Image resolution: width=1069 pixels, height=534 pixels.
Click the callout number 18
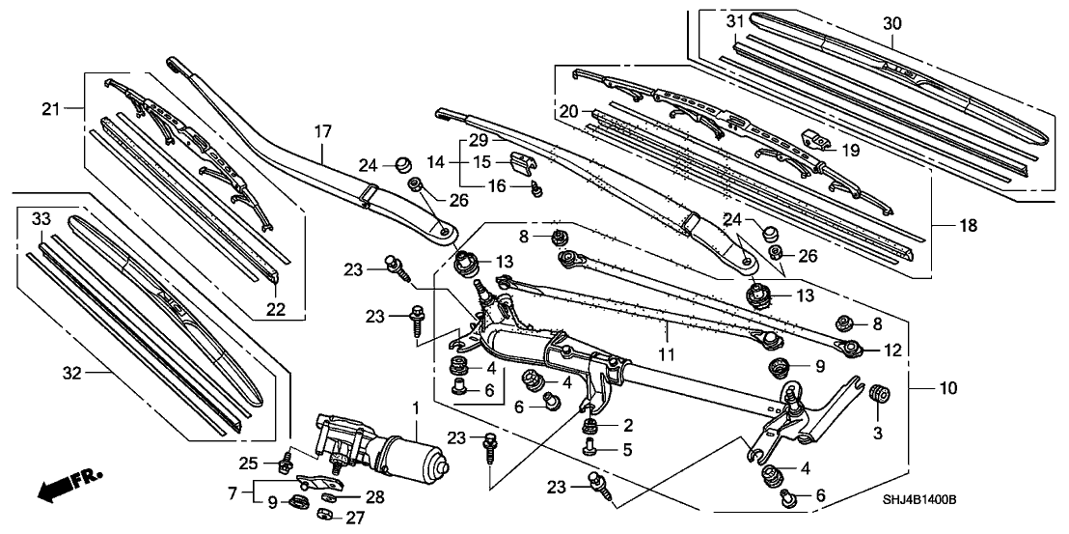(x=969, y=226)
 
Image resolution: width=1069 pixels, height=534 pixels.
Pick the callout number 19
(x=849, y=150)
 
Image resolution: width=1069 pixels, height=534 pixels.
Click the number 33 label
(x=41, y=219)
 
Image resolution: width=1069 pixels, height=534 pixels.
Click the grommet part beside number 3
(x=879, y=395)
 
